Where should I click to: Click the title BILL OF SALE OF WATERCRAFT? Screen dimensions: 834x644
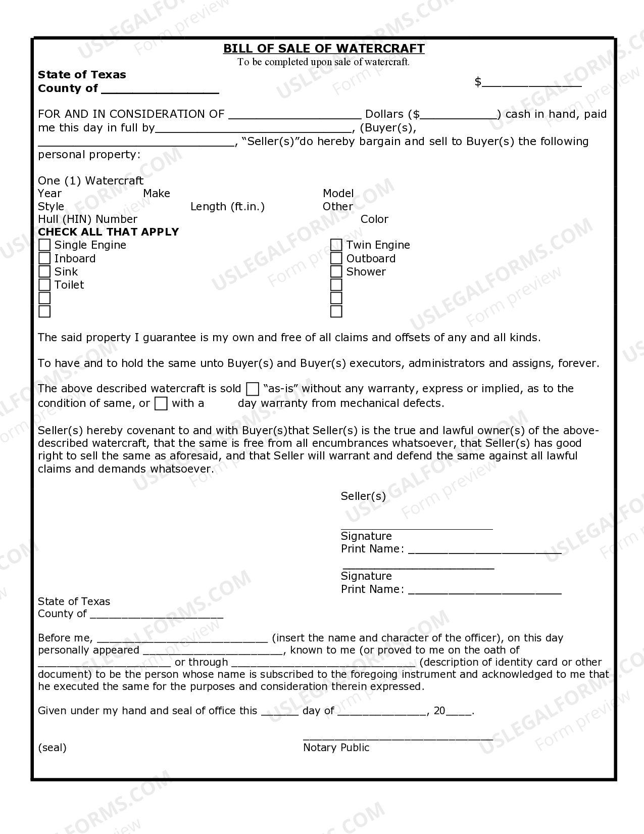tap(324, 49)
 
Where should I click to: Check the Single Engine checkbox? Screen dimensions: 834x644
tap(45, 245)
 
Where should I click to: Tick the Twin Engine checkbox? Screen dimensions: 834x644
tap(336, 245)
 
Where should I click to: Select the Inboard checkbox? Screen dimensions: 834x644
tap(45, 258)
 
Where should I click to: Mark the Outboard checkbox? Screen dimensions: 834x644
tap(336, 258)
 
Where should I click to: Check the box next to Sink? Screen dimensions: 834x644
tap(45, 272)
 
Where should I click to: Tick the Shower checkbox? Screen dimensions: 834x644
tap(336, 272)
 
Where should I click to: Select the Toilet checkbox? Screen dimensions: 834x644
tap(45, 285)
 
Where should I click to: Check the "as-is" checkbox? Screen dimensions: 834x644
tap(253, 389)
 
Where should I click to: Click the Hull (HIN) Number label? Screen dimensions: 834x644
tap(87, 219)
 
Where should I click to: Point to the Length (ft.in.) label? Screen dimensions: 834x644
tap(227, 207)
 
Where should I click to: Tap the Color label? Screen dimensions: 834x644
tap(374, 219)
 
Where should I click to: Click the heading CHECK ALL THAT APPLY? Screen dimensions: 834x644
tap(109, 232)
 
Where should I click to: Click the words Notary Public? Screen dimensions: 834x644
tap(336, 748)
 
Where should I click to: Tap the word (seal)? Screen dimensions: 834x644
tap(52, 748)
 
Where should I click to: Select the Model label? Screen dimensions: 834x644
tap(338, 194)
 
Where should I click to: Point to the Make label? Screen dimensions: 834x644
tap(157, 194)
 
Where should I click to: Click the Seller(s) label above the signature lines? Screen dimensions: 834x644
tap(363, 496)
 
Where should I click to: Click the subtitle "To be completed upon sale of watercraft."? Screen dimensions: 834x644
tap(324, 62)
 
